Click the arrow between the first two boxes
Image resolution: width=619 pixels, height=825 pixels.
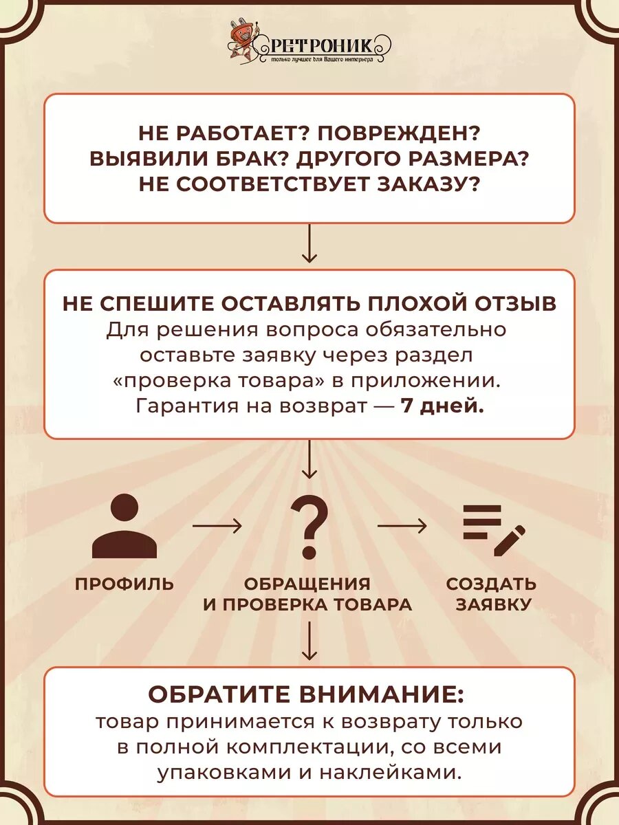point(309,244)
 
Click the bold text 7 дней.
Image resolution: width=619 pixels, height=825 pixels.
point(442,406)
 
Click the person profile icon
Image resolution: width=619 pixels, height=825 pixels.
point(124,527)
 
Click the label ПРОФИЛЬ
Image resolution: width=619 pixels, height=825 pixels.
point(124,584)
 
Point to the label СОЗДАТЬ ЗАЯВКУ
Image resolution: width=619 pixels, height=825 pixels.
point(491,594)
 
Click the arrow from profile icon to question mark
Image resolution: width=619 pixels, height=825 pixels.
point(217,527)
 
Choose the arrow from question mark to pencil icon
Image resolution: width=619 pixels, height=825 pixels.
point(402,527)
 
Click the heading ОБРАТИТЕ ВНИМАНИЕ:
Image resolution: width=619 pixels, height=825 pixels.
point(307,694)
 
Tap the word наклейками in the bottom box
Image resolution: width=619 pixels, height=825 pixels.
point(392,772)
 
